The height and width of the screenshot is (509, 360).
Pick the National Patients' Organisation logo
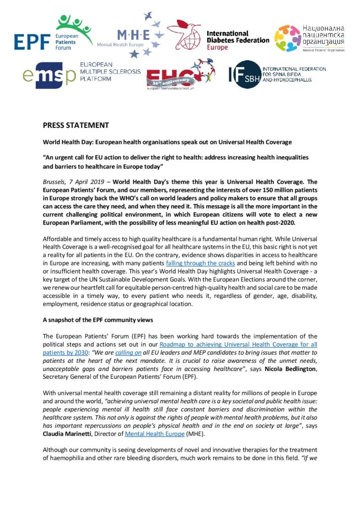310,38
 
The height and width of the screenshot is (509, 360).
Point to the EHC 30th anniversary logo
180,73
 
